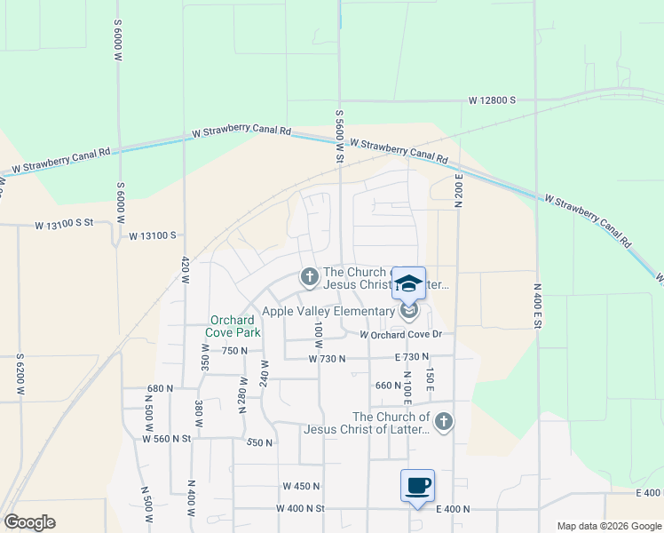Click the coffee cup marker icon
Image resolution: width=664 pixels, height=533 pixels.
(x=417, y=486)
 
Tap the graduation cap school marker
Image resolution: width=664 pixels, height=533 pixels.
(x=409, y=284)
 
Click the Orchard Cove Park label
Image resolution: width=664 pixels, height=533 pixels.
(x=234, y=326)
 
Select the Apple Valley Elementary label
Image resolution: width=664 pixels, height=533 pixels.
(x=328, y=311)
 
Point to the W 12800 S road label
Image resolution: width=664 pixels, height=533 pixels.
(x=493, y=101)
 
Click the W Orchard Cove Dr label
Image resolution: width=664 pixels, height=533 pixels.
(x=400, y=335)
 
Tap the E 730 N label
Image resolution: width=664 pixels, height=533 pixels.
(x=412, y=357)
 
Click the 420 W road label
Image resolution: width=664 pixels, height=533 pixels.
(x=186, y=270)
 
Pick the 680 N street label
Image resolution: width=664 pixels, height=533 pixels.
(x=160, y=388)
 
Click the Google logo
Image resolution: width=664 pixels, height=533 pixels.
(x=29, y=522)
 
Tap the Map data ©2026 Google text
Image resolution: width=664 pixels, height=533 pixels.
(x=607, y=526)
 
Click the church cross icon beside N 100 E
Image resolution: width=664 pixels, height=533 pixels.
(x=444, y=422)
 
